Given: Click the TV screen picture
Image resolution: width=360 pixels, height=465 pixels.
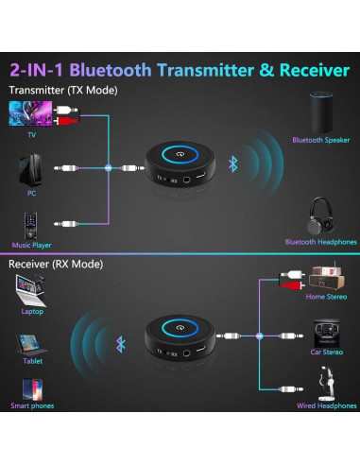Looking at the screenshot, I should [28, 114].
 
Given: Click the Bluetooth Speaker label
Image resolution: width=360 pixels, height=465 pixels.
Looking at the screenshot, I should [320, 140].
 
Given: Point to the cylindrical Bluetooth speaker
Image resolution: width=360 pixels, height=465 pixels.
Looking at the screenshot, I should [320, 112].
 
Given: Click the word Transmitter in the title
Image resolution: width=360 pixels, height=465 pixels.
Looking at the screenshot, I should [192, 69].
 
